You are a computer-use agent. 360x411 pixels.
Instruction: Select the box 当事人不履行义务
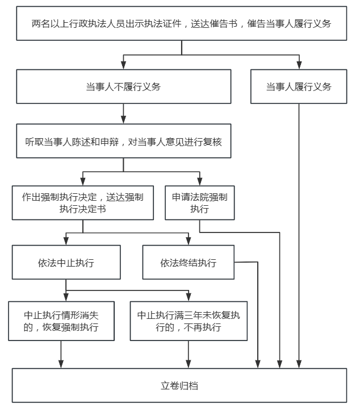pyautogui.click(x=123, y=86)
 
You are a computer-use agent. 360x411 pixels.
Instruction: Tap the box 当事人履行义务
pyautogui.click(x=299, y=86)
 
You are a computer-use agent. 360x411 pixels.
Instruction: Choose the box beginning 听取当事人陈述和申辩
pyautogui.click(x=123, y=140)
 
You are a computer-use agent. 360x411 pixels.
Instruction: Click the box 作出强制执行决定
pyautogui.click(x=82, y=202)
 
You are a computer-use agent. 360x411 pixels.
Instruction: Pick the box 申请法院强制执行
pyautogui.click(x=199, y=202)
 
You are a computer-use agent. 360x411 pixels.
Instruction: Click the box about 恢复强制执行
pyautogui.click(x=61, y=322)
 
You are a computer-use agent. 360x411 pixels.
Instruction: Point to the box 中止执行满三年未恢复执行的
pyautogui.click(x=189, y=322)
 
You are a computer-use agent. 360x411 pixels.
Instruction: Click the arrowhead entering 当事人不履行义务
pyautogui.click(x=123, y=65)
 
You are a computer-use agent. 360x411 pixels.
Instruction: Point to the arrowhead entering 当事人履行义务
pyautogui.click(x=299, y=65)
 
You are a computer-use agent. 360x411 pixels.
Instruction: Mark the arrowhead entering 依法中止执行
pyautogui.click(x=66, y=241)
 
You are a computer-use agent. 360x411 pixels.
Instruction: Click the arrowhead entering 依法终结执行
pyautogui.click(x=188, y=241)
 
